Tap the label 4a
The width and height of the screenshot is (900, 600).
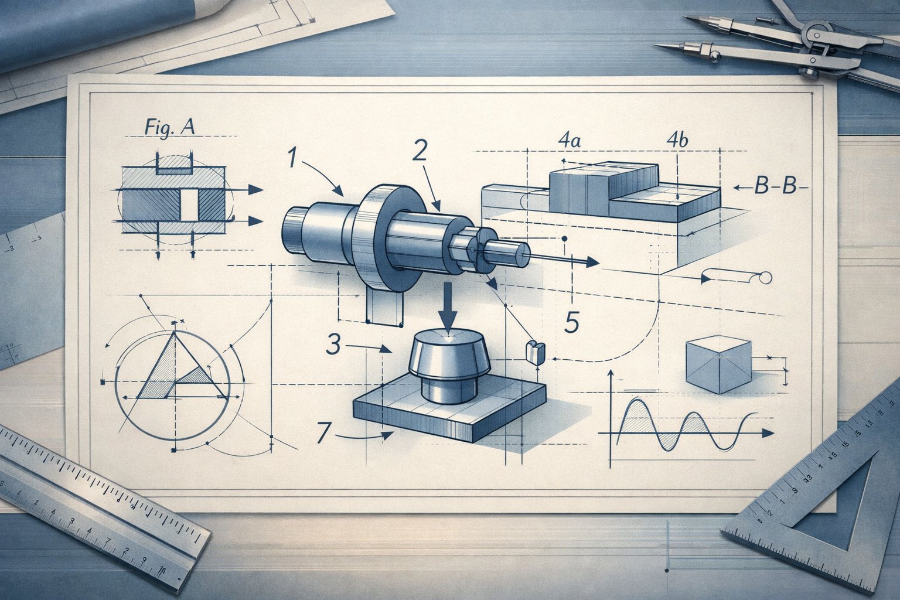(569, 141)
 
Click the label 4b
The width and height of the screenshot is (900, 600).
(677, 141)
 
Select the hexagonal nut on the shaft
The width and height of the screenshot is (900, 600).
(466, 249)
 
